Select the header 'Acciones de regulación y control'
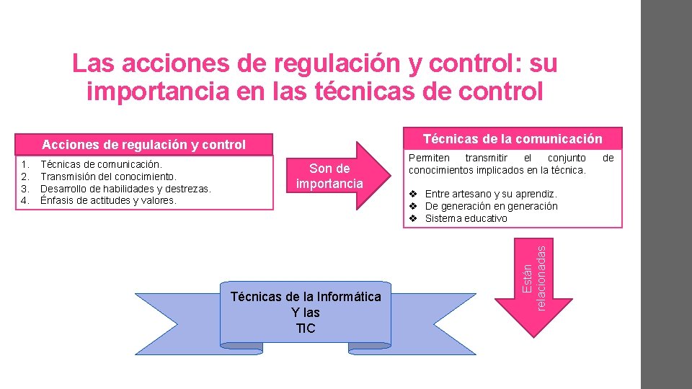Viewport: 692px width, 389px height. click(143, 145)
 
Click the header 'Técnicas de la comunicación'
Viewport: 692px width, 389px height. click(513, 138)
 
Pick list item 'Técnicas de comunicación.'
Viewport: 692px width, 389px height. click(101, 164)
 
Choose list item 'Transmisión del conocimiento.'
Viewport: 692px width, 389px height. click(108, 176)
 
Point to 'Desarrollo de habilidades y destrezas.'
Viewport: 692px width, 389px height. click(125, 188)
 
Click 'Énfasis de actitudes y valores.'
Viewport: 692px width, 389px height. click(108, 200)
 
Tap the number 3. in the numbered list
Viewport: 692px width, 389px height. click(25, 188)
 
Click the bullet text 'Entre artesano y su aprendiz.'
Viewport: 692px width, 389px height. click(490, 194)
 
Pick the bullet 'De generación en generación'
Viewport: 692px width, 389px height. click(491, 206)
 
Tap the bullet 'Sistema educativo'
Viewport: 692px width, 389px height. click(466, 218)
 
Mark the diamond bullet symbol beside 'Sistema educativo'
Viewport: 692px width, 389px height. click(414, 218)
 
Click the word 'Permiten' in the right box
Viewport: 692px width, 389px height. click(429, 158)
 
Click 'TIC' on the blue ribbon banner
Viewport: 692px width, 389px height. click(306, 328)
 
